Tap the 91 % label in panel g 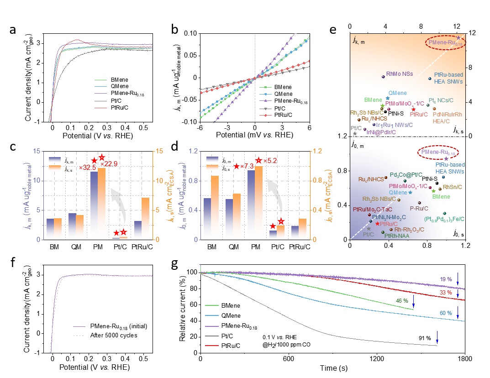425,338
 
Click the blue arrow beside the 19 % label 458,279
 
